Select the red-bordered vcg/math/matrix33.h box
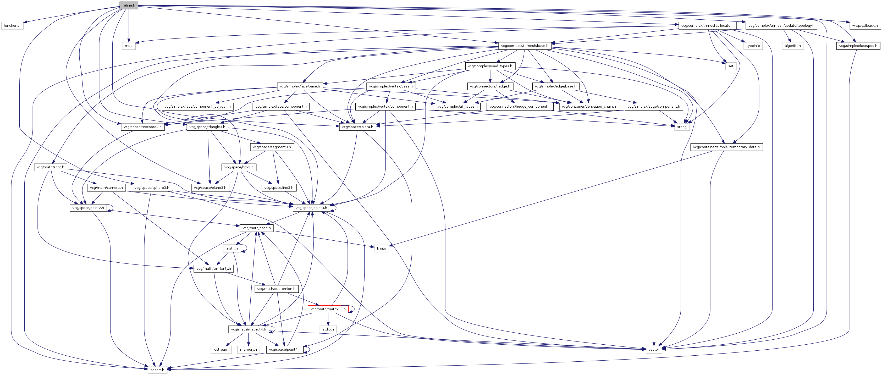[328, 309]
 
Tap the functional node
[12, 26]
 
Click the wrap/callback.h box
[864, 26]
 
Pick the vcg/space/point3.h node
[311, 208]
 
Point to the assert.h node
[157, 370]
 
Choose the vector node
[654, 350]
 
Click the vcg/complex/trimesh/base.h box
[525, 46]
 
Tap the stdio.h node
[328, 329]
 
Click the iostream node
[221, 350]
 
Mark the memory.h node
[249, 350]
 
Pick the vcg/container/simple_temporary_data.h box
[726, 147]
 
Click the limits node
[382, 249]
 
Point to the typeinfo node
[753, 46]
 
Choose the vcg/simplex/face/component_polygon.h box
[197, 107]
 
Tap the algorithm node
[793, 46]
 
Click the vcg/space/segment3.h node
[272, 147]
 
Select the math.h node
[232, 249]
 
